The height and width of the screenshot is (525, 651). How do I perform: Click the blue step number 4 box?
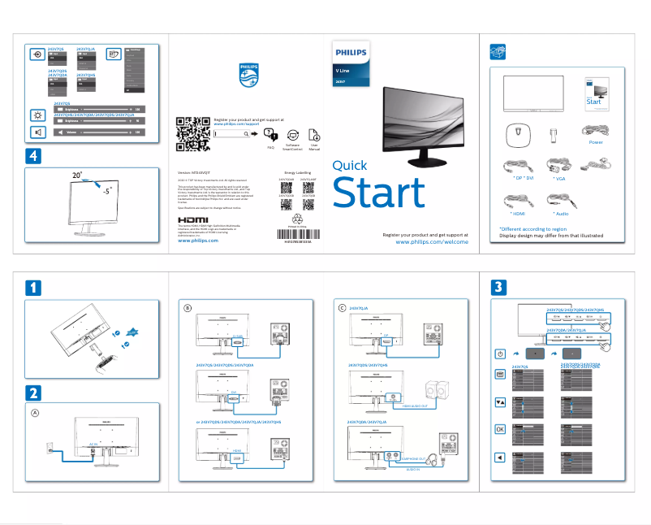pos(32,155)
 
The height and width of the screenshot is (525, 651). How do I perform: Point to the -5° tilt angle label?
pos(106,194)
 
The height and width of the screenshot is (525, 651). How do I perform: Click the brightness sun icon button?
pos(37,114)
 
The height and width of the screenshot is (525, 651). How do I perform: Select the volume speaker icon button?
pos(37,132)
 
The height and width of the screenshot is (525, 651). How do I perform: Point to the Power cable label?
pos(595,142)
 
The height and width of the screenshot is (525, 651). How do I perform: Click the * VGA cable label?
pos(559,177)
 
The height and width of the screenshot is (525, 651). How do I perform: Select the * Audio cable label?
pos(560,213)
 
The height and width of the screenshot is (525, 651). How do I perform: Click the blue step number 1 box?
pos(32,287)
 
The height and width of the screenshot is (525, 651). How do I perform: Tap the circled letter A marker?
pos(34,412)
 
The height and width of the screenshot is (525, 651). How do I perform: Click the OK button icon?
pos(500,429)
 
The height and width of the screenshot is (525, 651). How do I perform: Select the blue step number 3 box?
pos(500,287)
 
